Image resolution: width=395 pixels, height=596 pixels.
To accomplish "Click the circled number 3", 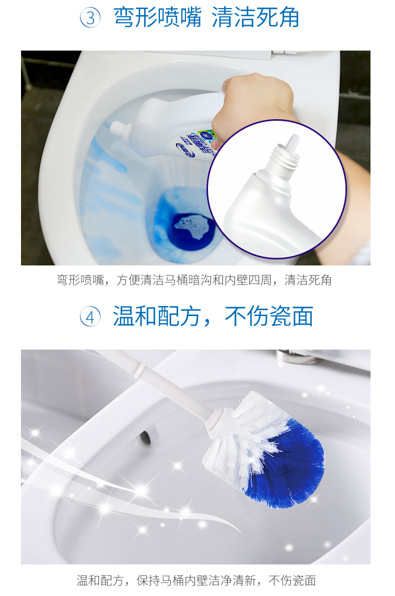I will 90,19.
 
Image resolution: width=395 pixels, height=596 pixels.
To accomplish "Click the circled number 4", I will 90,317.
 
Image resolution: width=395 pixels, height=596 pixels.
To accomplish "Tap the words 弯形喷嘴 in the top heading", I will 157,18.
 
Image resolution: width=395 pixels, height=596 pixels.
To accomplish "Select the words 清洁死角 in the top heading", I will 255,18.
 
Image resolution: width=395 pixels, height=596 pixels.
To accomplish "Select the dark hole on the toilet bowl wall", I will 145,436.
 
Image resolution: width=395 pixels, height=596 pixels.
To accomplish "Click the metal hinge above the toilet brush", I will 300,357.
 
